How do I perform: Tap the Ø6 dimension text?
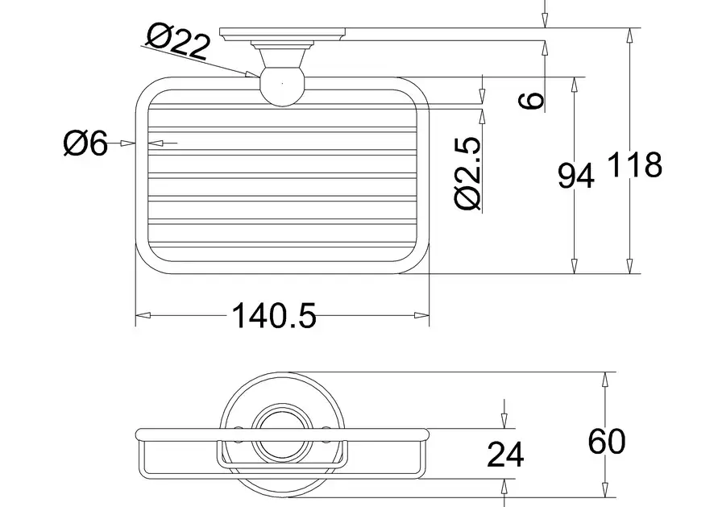coord(85,143)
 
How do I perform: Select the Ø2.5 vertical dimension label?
coord(468,173)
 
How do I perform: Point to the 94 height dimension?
coord(576,176)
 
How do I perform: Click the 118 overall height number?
coord(635,164)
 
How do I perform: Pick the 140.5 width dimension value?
coord(274,315)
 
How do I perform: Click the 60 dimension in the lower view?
coord(607,441)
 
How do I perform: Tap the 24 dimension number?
coord(505,455)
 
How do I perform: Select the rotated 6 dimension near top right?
coord(531,100)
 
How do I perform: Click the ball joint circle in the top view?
coord(282,87)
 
